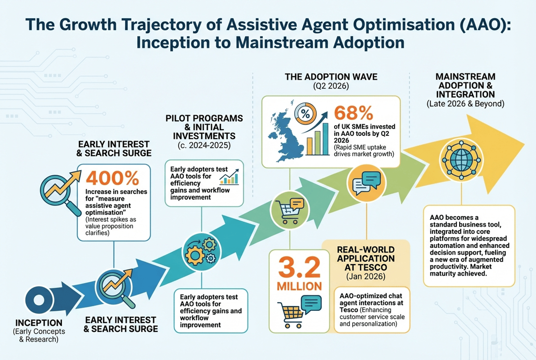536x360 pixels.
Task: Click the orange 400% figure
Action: [x=112, y=178]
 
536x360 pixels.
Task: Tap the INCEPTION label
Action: [x=39, y=323]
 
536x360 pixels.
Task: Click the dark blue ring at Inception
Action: [x=37, y=298]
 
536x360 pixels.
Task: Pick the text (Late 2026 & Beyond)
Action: [x=466, y=104]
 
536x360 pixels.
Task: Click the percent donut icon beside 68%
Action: [x=304, y=112]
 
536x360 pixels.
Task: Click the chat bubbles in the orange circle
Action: [x=365, y=181]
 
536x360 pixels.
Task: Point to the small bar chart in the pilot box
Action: [x=230, y=178]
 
